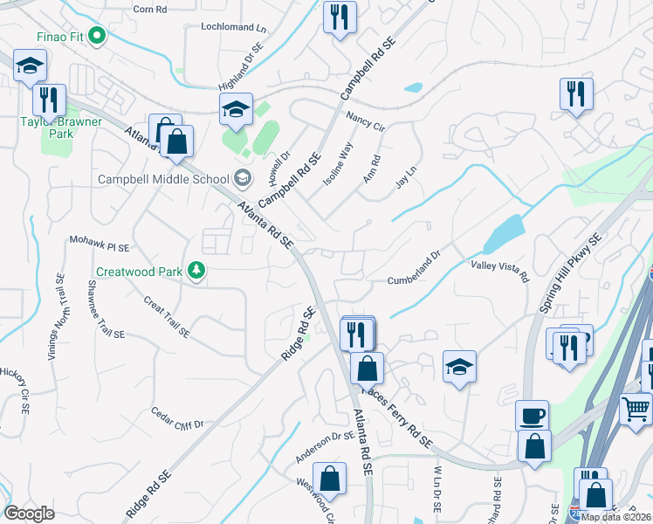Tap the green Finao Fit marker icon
click(97, 37)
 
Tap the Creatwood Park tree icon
click(198, 271)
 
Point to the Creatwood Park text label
click(140, 272)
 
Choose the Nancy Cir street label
click(365, 121)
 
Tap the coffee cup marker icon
click(531, 414)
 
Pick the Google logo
click(30, 513)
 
